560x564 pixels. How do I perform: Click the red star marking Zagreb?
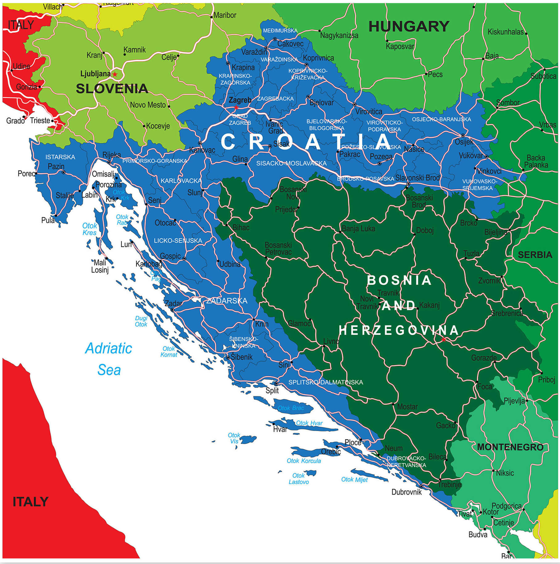pyautogui.click(x=236, y=107)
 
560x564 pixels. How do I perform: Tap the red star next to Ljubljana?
pyautogui.click(x=115, y=74)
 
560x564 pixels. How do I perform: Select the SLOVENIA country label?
pyautogui.click(x=112, y=89)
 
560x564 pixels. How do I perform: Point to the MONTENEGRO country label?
pyautogui.click(x=510, y=447)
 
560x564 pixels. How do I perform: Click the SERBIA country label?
pyautogui.click(x=535, y=255)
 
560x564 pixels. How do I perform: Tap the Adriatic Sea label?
pyautogui.click(x=109, y=359)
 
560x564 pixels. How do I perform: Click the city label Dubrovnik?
pyautogui.click(x=406, y=492)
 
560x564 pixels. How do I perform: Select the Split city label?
pyautogui.click(x=272, y=391)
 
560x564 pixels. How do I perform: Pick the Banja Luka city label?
pyautogui.click(x=358, y=229)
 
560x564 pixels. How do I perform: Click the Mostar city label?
pyautogui.click(x=407, y=407)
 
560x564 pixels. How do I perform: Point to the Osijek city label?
pyautogui.click(x=464, y=142)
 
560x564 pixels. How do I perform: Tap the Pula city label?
pyautogui.click(x=48, y=220)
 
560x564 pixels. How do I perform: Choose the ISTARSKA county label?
pyautogui.click(x=60, y=157)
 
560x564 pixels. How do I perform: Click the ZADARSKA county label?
pyautogui.click(x=227, y=301)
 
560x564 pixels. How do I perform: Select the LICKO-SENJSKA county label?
pyautogui.click(x=178, y=241)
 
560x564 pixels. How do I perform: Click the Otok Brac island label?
pyautogui.click(x=291, y=408)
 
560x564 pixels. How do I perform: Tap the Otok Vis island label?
pyautogui.click(x=234, y=438)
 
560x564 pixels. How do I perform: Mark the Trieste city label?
pyautogui.click(x=40, y=121)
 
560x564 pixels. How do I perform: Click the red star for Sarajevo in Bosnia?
pyautogui.click(x=444, y=339)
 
